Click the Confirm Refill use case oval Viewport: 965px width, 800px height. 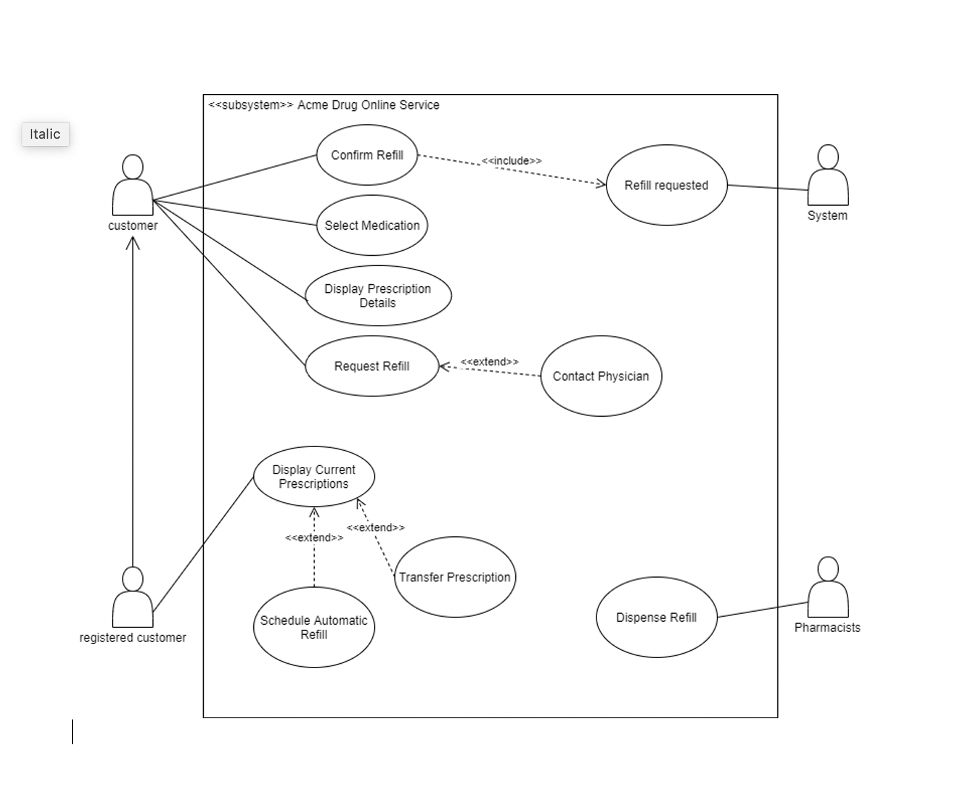[x=367, y=155]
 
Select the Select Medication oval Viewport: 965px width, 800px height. [x=372, y=225]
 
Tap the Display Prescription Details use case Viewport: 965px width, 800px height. [x=378, y=295]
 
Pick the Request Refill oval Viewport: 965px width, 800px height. [x=372, y=366]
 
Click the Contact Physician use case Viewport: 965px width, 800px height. [x=601, y=376]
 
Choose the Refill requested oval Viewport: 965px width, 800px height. [x=666, y=185]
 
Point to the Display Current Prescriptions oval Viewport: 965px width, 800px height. [x=314, y=476]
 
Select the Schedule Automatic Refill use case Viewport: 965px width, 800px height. [x=314, y=627]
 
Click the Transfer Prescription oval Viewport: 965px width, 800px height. [x=455, y=577]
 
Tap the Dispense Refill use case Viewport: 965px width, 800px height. [x=656, y=617]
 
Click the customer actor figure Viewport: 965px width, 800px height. [x=133, y=186]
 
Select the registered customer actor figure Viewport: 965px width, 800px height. [x=133, y=598]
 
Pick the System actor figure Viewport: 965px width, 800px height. [x=827, y=176]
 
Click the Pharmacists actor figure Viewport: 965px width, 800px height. [x=827, y=588]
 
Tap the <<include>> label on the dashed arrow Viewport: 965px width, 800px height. [x=512, y=161]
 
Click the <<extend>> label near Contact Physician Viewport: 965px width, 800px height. [x=489, y=362]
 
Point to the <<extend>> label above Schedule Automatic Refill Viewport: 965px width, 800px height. [x=314, y=537]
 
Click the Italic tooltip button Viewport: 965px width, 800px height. [x=45, y=134]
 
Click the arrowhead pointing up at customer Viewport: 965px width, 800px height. [x=133, y=242]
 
